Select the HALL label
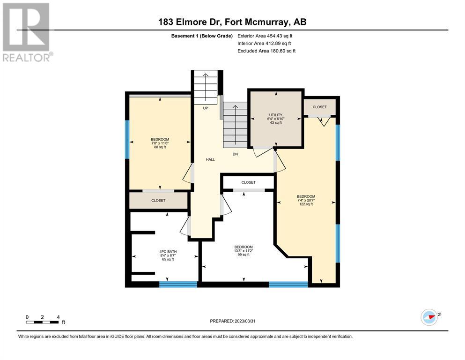click(210, 159)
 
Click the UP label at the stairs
click(206, 108)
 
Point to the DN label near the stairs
click(235, 154)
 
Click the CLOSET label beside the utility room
click(319, 107)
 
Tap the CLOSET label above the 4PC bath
click(158, 200)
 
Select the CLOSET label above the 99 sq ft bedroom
click(248, 182)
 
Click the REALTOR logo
click(27, 32)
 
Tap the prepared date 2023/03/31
click(244, 321)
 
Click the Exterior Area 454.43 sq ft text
click(265, 36)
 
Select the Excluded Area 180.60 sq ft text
click(266, 51)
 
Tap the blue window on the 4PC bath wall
click(178, 285)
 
